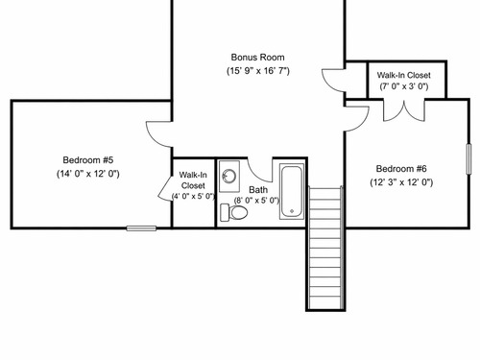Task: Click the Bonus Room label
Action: pyautogui.click(x=257, y=58)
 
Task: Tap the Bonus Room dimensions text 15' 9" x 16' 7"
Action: pyautogui.click(x=258, y=71)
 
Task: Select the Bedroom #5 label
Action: pyautogui.click(x=88, y=160)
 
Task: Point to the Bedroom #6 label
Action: pyautogui.click(x=401, y=169)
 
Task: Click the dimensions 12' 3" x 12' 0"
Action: pyautogui.click(x=401, y=182)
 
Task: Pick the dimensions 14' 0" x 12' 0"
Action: pyautogui.click(x=88, y=174)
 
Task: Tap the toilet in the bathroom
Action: pyautogui.click(x=234, y=212)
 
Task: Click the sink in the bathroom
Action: pyautogui.click(x=229, y=177)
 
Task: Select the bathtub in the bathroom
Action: pyautogui.click(x=292, y=191)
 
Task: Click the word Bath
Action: pyautogui.click(x=258, y=190)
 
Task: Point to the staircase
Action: pyautogui.click(x=325, y=248)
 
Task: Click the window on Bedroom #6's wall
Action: pyautogui.click(x=468, y=159)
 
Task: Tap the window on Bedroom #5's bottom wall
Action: pyautogui.click(x=141, y=228)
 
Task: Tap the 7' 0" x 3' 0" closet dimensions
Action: pyautogui.click(x=404, y=86)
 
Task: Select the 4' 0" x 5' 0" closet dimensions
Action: pyautogui.click(x=193, y=196)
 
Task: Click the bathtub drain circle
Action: pyautogui.click(x=292, y=211)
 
